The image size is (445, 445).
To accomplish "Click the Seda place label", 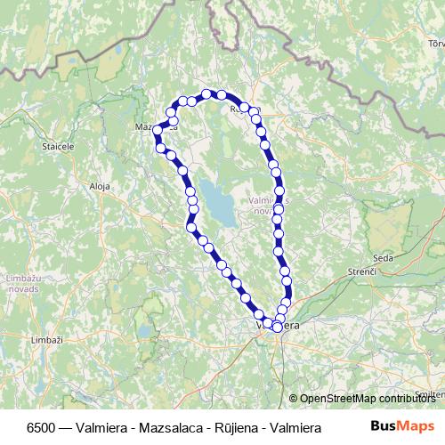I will click(x=384, y=257).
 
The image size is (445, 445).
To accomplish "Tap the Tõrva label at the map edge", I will click(x=435, y=42).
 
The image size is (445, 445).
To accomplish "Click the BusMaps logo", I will click(x=402, y=426).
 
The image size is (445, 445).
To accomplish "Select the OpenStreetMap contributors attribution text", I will click(x=367, y=399).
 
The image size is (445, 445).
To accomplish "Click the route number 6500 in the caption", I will click(x=41, y=427).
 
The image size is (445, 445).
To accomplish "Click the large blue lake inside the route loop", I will click(x=216, y=201).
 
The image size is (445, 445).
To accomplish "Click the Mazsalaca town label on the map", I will click(x=147, y=126).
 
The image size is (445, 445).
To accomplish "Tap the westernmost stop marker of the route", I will click(x=158, y=130).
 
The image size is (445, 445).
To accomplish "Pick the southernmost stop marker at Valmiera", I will click(x=277, y=328).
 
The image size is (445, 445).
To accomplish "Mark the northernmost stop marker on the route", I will click(x=206, y=93).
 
